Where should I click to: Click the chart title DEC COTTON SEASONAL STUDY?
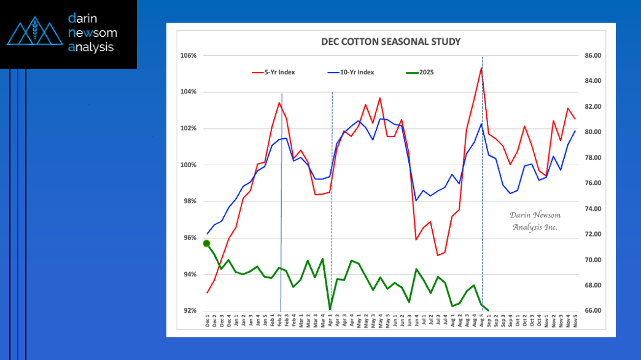click(391, 42)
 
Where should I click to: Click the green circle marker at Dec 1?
click(207, 243)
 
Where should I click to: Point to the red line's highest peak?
click(481, 68)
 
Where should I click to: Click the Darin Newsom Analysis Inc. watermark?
click(535, 221)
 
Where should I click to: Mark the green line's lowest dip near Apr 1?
click(330, 309)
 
